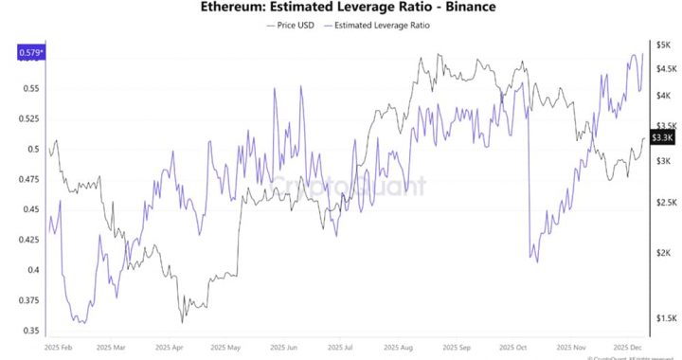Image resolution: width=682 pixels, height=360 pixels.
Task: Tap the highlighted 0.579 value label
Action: tap(32, 53)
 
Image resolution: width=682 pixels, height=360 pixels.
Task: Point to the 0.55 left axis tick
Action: tap(31, 88)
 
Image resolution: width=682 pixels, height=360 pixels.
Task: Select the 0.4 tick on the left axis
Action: tap(34, 270)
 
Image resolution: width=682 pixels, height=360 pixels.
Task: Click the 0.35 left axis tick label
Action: tap(31, 331)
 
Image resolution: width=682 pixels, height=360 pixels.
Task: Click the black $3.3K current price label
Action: tap(661, 137)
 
